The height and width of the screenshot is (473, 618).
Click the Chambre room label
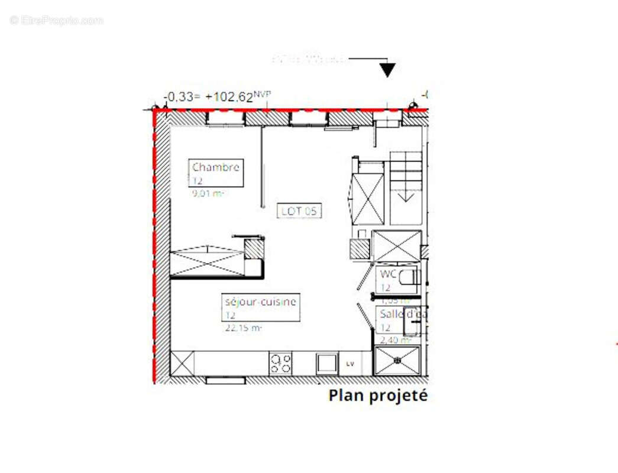click(215, 167)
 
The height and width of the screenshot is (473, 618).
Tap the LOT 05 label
click(300, 210)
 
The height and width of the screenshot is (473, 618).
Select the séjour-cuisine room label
click(260, 302)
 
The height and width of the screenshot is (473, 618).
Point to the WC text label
click(388, 274)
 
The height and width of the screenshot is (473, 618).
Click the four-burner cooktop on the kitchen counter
click(280, 363)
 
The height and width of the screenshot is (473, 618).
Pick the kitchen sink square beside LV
click(326, 363)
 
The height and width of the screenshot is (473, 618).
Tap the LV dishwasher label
click(350, 364)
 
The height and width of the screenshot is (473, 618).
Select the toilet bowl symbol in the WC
click(408, 277)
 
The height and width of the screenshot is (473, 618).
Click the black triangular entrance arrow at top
click(387, 70)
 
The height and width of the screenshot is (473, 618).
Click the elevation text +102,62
click(229, 98)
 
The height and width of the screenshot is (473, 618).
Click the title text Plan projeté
click(377, 396)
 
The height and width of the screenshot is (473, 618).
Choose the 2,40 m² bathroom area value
click(395, 340)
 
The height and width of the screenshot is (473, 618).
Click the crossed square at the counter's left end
click(182, 363)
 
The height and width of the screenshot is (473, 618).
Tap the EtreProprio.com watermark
click(56, 20)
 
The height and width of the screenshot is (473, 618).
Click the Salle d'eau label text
click(403, 315)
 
